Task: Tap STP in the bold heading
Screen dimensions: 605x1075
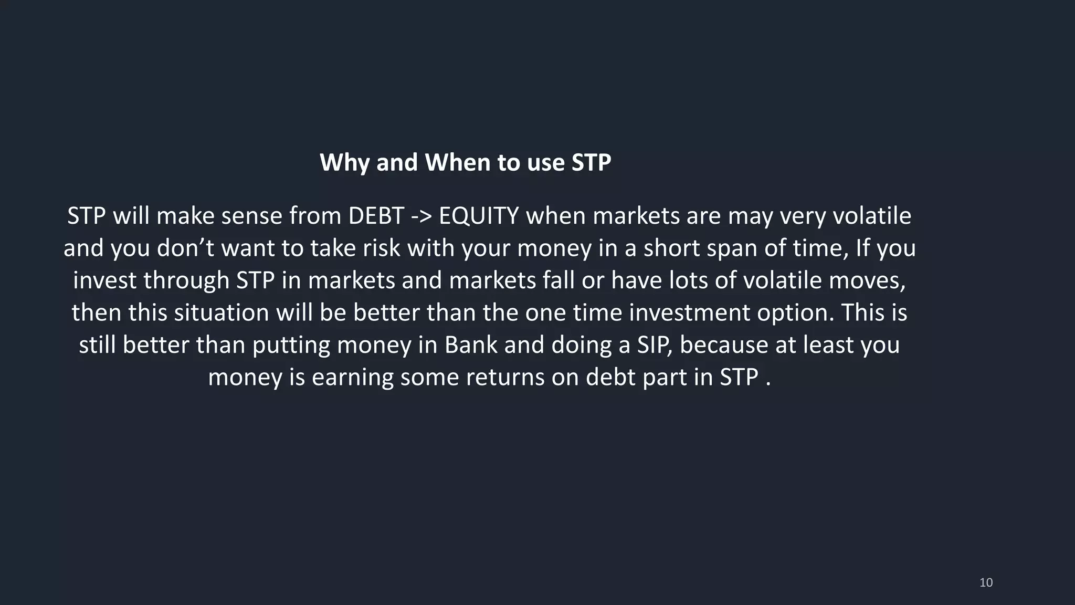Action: click(591, 162)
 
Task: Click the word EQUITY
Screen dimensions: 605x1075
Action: click(479, 216)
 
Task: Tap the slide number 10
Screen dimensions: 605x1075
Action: click(986, 582)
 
